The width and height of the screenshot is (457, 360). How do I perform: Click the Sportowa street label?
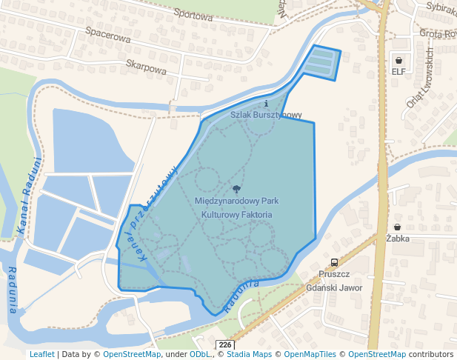(x=193, y=14)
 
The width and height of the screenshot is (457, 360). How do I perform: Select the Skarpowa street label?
(x=146, y=66)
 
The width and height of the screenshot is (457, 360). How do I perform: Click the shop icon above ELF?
(x=399, y=60)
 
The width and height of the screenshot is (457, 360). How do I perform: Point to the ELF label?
(x=399, y=72)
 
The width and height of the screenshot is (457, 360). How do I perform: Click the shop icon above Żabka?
(x=398, y=227)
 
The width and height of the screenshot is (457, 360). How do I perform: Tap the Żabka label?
(x=398, y=239)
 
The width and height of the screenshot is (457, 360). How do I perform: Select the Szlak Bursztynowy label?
(x=266, y=115)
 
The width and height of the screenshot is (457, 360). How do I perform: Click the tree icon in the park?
(x=236, y=190)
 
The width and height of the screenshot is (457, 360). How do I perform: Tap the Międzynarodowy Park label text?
(x=236, y=201)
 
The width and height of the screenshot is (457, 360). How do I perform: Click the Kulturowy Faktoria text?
(x=236, y=214)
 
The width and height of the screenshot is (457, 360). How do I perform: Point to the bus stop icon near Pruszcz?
(x=335, y=262)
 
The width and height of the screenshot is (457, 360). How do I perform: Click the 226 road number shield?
(x=225, y=345)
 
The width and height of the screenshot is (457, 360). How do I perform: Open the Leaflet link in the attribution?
(x=41, y=355)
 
